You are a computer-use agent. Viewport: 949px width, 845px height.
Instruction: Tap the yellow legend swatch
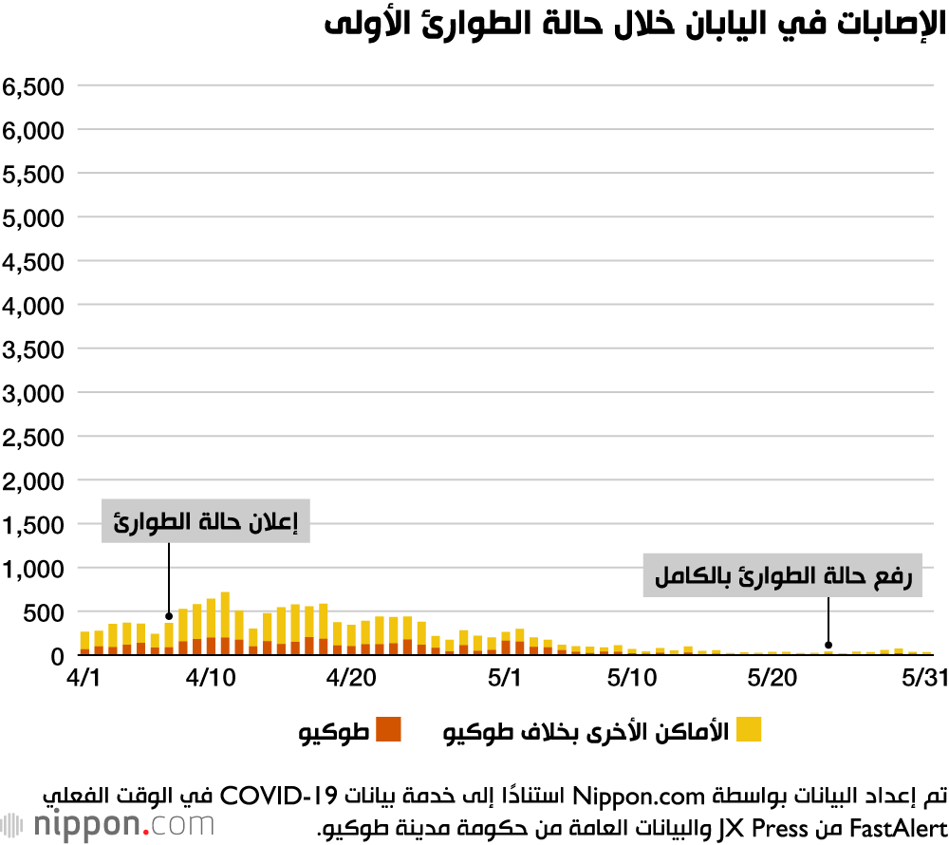(x=749, y=729)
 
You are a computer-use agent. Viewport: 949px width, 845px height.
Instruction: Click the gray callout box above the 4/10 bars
(x=206, y=521)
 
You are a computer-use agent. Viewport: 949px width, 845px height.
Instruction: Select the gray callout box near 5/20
(x=784, y=575)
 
